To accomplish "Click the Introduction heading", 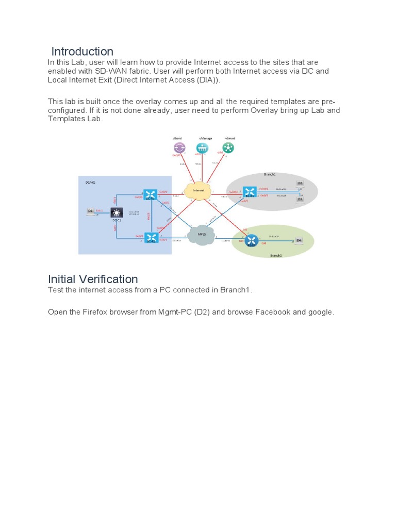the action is tap(82, 52).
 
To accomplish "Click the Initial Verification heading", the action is tap(93, 279).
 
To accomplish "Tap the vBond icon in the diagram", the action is tap(178, 148).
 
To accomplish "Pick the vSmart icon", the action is tap(228, 148).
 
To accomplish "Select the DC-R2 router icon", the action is tap(151, 238).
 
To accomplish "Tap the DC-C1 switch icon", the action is tap(117, 213).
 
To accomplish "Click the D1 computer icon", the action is tap(91, 211).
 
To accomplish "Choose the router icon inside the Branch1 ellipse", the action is tap(250, 192).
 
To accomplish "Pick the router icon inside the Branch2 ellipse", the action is tap(252, 240).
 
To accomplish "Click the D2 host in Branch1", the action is tap(300, 184).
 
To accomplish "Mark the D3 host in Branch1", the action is tap(300, 199).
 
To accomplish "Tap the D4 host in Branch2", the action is tap(298, 240).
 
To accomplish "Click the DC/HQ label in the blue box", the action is tap(90, 182).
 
